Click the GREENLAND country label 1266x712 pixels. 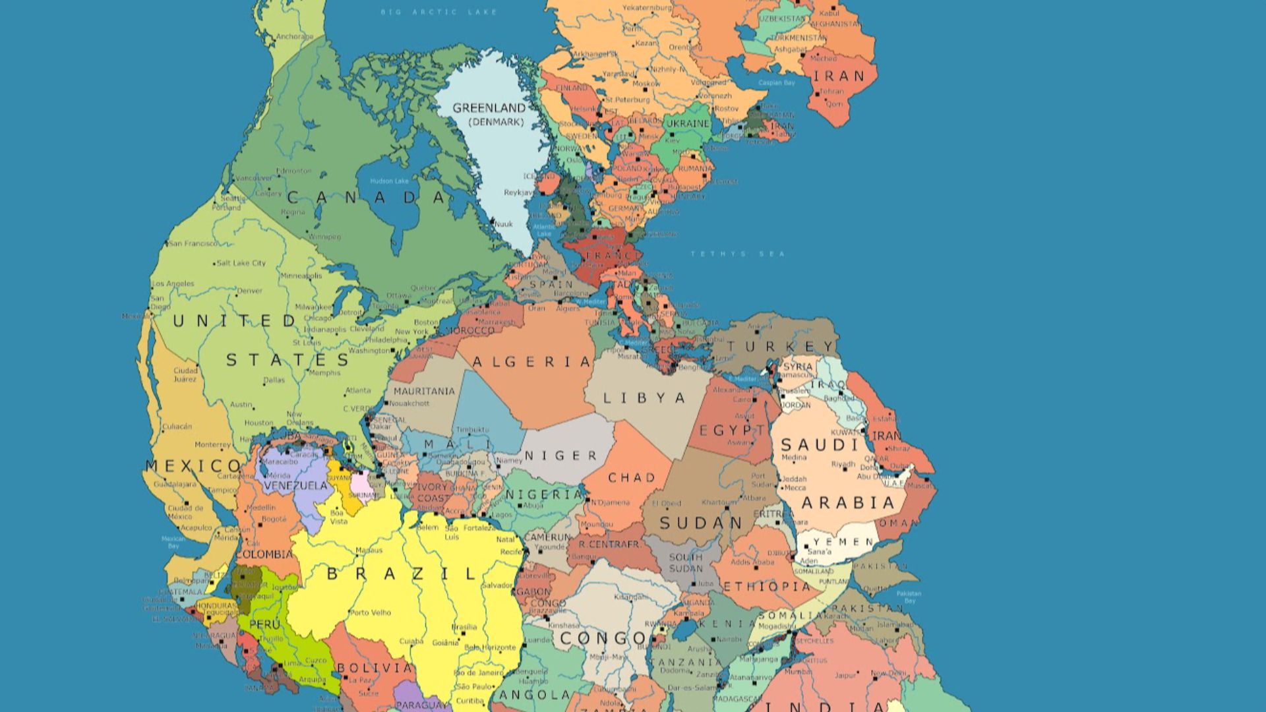point(489,107)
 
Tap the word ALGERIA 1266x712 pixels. point(531,362)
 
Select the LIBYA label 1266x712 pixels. point(644,398)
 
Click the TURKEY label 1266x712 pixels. point(781,347)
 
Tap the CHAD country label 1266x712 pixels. point(631,477)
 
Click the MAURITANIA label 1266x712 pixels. point(424,391)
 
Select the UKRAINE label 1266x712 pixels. point(688,123)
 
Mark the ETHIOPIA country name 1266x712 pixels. point(767,586)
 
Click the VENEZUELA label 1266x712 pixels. point(295,486)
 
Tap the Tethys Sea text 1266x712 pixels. point(737,254)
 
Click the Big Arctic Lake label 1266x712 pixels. point(438,12)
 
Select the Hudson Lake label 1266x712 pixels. point(389,181)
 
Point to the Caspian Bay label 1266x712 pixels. point(776,83)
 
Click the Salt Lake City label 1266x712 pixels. point(241,263)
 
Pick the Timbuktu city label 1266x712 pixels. point(472,430)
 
